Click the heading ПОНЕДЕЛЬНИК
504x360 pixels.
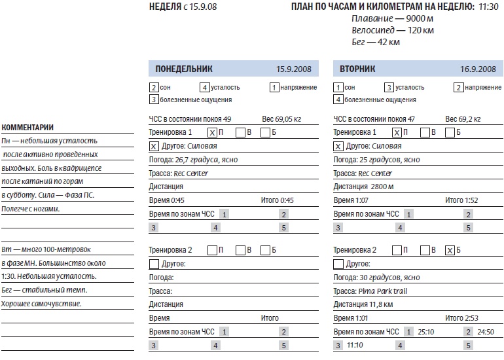[x=184, y=69]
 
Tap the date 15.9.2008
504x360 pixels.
[x=293, y=69]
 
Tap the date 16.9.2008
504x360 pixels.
[x=478, y=69]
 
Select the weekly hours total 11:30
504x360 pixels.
[x=488, y=7]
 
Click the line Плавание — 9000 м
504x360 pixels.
[x=393, y=18]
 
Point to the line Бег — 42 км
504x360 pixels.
[x=375, y=42]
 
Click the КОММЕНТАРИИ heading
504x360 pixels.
[x=27, y=128]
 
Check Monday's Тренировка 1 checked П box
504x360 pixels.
[x=212, y=132]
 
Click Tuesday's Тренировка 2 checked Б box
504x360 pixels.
[x=449, y=250]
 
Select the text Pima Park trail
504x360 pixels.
[x=383, y=291]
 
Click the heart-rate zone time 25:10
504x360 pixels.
[x=426, y=332]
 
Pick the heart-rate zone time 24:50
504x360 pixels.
[x=485, y=332]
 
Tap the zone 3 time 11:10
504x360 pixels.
[x=355, y=345]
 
